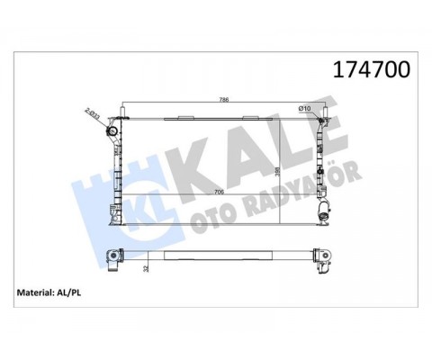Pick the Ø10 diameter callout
pyautogui.click(x=304, y=111)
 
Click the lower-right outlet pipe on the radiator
pyautogui.click(x=324, y=213)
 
